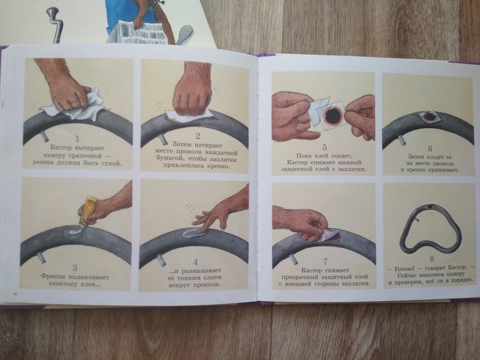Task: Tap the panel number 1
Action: tap(77, 139)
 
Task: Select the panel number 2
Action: tap(198, 136)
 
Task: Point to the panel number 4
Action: tap(196, 262)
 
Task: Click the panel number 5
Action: tap(324, 147)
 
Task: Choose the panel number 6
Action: tap(430, 149)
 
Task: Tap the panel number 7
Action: tap(325, 262)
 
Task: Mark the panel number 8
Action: tap(431, 259)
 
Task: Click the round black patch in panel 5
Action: tap(334, 115)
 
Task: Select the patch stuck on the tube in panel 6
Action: tap(428, 116)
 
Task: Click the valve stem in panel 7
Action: tap(292, 258)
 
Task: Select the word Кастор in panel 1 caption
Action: tap(62, 148)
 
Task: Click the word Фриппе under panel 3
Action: tap(53, 277)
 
